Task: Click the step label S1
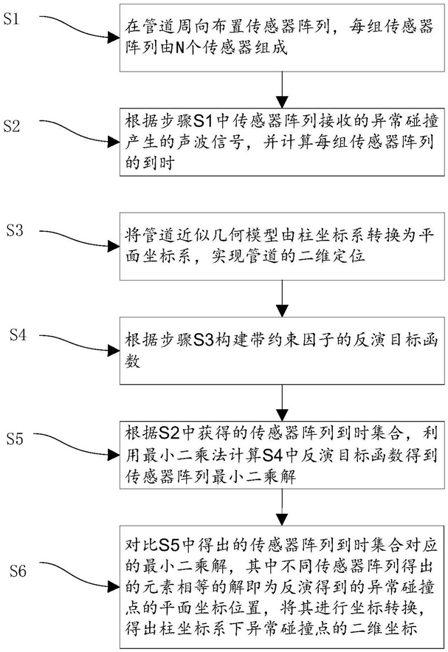tap(11, 18)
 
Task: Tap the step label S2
tap(11, 126)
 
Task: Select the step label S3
tap(15, 230)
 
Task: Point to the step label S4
tap(18, 334)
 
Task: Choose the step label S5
tap(15, 439)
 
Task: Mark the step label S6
tap(18, 571)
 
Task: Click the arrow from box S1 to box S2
tap(282, 90)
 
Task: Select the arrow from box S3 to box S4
tap(282, 298)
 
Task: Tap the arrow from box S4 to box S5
tap(282, 402)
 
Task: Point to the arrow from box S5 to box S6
tap(282, 507)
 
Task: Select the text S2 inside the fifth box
tap(169, 433)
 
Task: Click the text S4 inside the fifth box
tap(273, 456)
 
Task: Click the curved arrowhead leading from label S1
tap(114, 38)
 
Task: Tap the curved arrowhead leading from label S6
tap(114, 586)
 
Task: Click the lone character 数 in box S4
tap(133, 362)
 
